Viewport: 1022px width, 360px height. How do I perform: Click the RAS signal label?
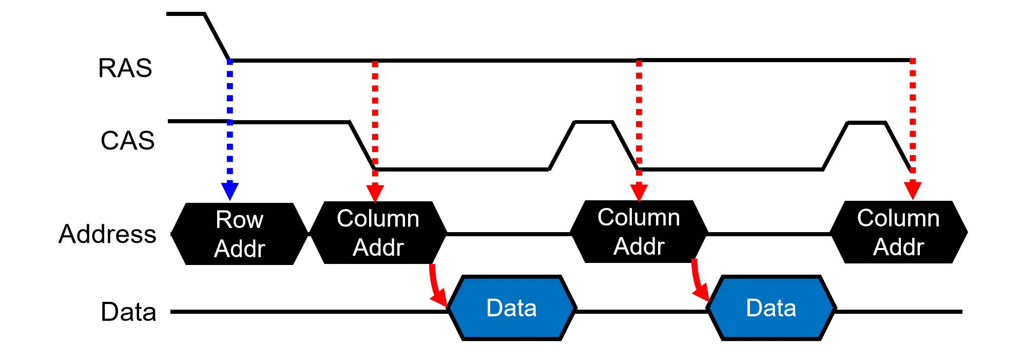[x=125, y=68]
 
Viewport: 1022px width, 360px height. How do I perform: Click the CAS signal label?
[x=127, y=140]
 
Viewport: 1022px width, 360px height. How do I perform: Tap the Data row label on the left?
[x=128, y=312]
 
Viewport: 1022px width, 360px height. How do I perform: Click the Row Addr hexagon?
[x=239, y=234]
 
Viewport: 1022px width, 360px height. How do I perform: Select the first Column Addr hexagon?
[x=378, y=233]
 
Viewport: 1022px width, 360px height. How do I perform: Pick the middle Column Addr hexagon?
[x=639, y=232]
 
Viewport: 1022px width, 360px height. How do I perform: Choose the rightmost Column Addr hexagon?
[x=898, y=232]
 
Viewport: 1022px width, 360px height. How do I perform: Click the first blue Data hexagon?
[x=512, y=308]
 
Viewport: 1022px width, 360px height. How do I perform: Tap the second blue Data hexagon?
[x=771, y=308]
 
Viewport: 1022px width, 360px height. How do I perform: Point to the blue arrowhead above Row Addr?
[x=229, y=191]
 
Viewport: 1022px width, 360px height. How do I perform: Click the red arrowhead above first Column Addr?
[x=375, y=192]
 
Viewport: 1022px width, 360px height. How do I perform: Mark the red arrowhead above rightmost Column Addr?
[x=913, y=190]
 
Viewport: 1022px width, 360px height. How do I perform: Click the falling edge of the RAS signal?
[x=217, y=36]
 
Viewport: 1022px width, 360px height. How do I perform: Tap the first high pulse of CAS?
[x=593, y=122]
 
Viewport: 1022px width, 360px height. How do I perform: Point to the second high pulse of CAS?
[x=866, y=123]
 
